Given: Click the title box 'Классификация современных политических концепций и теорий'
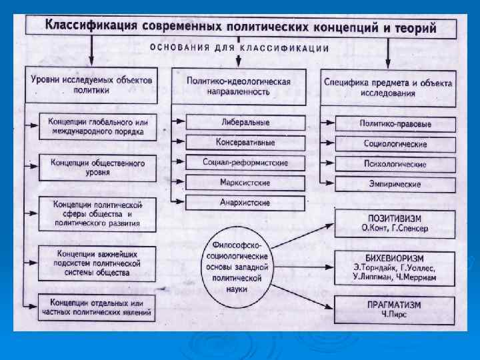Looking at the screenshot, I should click(x=241, y=27).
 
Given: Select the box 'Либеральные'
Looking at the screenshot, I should click(x=245, y=123).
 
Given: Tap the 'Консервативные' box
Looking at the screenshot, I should click(x=245, y=142).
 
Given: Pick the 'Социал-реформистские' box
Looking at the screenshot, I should click(x=245, y=162).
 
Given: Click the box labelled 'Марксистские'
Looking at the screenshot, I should click(x=245, y=182).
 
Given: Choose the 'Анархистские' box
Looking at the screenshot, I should click(x=245, y=202).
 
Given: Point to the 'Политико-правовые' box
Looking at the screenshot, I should click(x=395, y=124).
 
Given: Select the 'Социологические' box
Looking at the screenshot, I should click(x=395, y=143).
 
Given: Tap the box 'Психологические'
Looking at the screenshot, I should click(x=395, y=163).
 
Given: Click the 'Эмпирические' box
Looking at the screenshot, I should click(x=395, y=183).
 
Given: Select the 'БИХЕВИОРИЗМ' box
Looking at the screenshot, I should click(x=395, y=267).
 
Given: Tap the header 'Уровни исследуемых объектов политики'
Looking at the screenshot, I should click(x=92, y=84).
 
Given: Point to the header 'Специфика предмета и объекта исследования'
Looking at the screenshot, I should click(x=388, y=88).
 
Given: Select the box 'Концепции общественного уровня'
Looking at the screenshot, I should click(x=97, y=167).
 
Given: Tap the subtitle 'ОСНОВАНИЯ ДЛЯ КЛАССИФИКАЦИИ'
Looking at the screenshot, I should click(x=239, y=48).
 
